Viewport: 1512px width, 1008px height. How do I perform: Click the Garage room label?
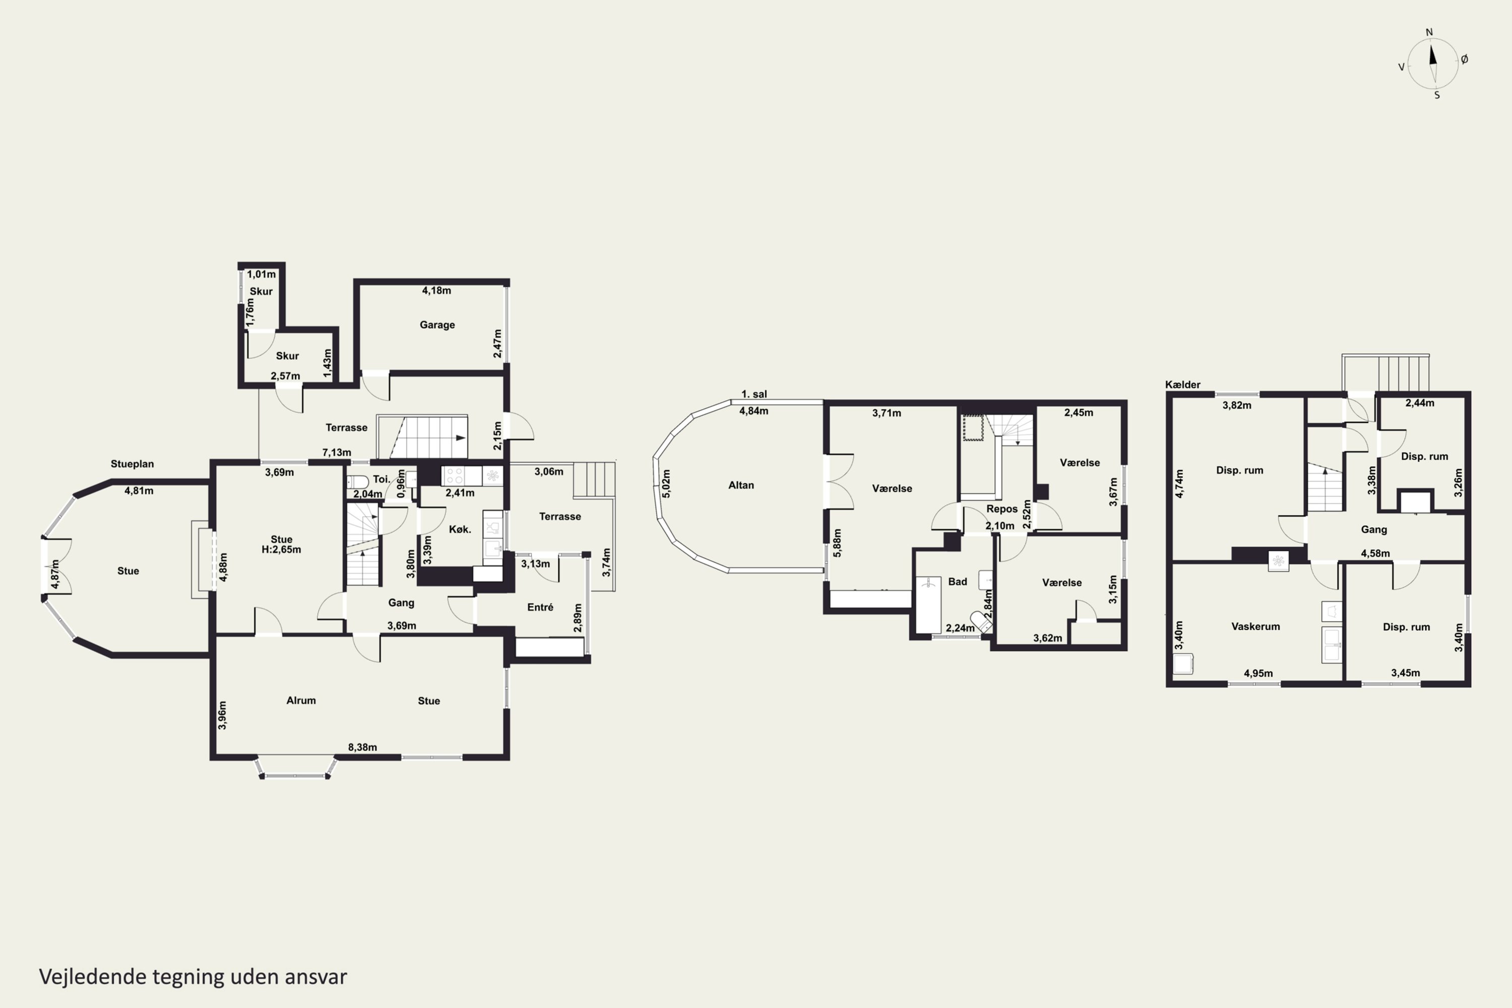pyautogui.click(x=437, y=325)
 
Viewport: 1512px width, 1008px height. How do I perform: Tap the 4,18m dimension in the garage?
pyautogui.click(x=436, y=291)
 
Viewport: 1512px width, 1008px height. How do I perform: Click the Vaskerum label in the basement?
pyautogui.click(x=1255, y=626)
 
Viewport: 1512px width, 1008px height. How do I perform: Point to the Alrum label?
pyautogui.click(x=301, y=700)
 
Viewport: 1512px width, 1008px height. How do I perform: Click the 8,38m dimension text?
pyautogui.click(x=362, y=747)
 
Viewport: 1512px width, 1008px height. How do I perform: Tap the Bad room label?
pyautogui.click(x=957, y=582)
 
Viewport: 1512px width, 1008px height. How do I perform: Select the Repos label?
pyautogui.click(x=1001, y=509)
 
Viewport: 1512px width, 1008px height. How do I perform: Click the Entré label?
pyautogui.click(x=540, y=607)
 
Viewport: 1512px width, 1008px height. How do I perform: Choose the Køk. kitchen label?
pyautogui.click(x=460, y=529)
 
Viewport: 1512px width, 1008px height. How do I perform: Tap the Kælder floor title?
pyautogui.click(x=1182, y=385)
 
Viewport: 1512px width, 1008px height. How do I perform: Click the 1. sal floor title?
pyautogui.click(x=753, y=394)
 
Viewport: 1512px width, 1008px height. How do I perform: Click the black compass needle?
pyautogui.click(x=1432, y=53)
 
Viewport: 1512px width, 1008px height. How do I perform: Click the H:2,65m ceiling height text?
pyautogui.click(x=281, y=550)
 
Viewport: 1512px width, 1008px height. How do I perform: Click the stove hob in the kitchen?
pyautogui.click(x=455, y=476)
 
